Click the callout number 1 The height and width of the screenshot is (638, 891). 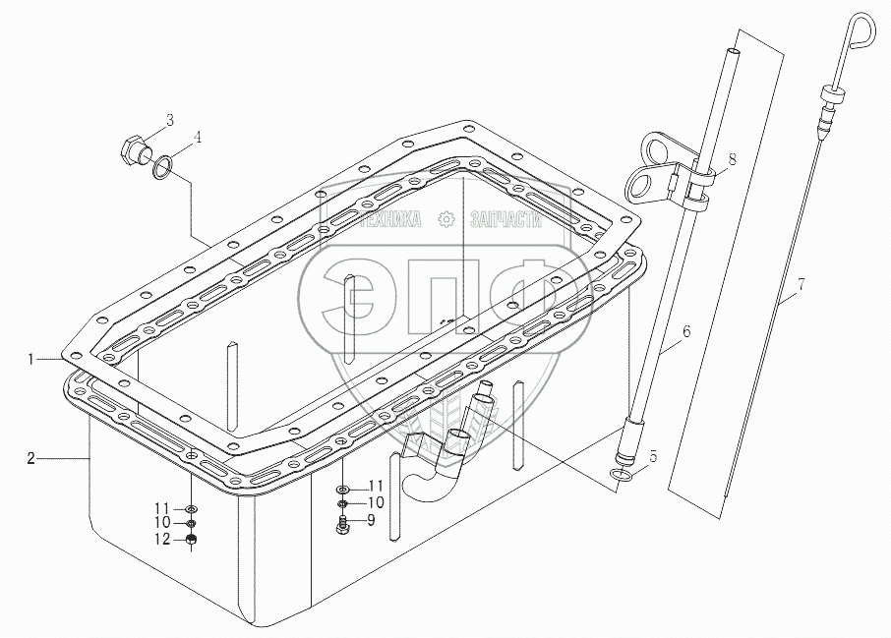pos(33,361)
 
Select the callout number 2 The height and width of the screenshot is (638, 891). pos(33,458)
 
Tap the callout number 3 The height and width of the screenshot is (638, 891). pos(169,120)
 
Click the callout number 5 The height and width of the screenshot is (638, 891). pos(652,455)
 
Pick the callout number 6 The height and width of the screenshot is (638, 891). pos(686,331)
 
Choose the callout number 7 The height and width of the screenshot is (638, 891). pos(802,285)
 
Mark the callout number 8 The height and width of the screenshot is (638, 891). pos(732,158)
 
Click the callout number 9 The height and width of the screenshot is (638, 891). pos(371,520)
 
